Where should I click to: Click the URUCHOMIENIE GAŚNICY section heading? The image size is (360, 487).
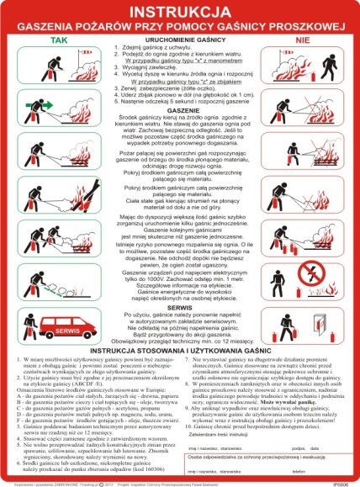179,40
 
